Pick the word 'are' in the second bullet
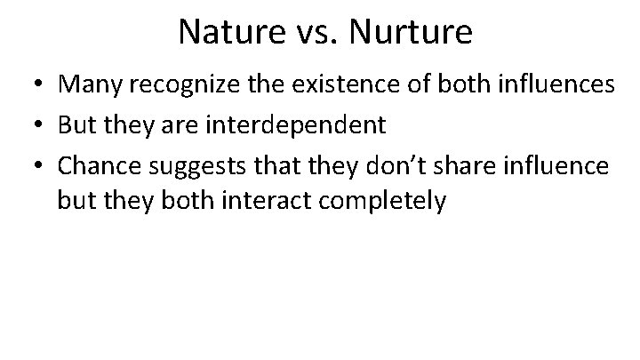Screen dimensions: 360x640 point(172,125)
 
